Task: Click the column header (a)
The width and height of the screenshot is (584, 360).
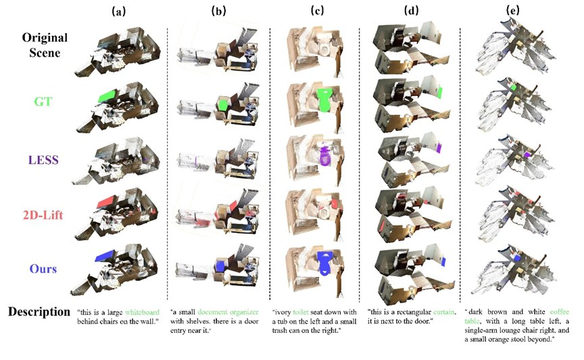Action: click(119, 11)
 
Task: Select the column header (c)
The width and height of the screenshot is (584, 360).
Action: click(317, 11)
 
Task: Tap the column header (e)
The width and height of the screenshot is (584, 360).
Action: click(512, 11)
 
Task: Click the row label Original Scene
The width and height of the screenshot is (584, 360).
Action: click(45, 45)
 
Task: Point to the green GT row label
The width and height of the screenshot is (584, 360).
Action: click(43, 101)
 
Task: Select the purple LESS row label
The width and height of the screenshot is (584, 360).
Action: click(43, 160)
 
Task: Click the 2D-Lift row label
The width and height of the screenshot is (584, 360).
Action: click(43, 215)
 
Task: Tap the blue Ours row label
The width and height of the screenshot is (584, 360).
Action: click(43, 269)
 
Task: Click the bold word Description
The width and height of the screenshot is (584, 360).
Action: click(39, 312)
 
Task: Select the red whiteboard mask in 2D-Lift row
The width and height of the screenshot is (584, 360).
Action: click(107, 201)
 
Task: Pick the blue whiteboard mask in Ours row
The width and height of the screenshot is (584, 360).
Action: click(105, 256)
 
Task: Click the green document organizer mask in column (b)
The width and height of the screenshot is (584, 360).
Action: click(222, 104)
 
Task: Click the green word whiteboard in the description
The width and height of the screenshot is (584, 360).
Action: click(142, 312)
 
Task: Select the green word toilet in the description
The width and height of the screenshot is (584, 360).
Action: click(301, 312)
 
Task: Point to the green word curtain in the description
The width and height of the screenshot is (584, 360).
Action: click(444, 312)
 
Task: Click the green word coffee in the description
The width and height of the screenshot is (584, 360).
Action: click(560, 311)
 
